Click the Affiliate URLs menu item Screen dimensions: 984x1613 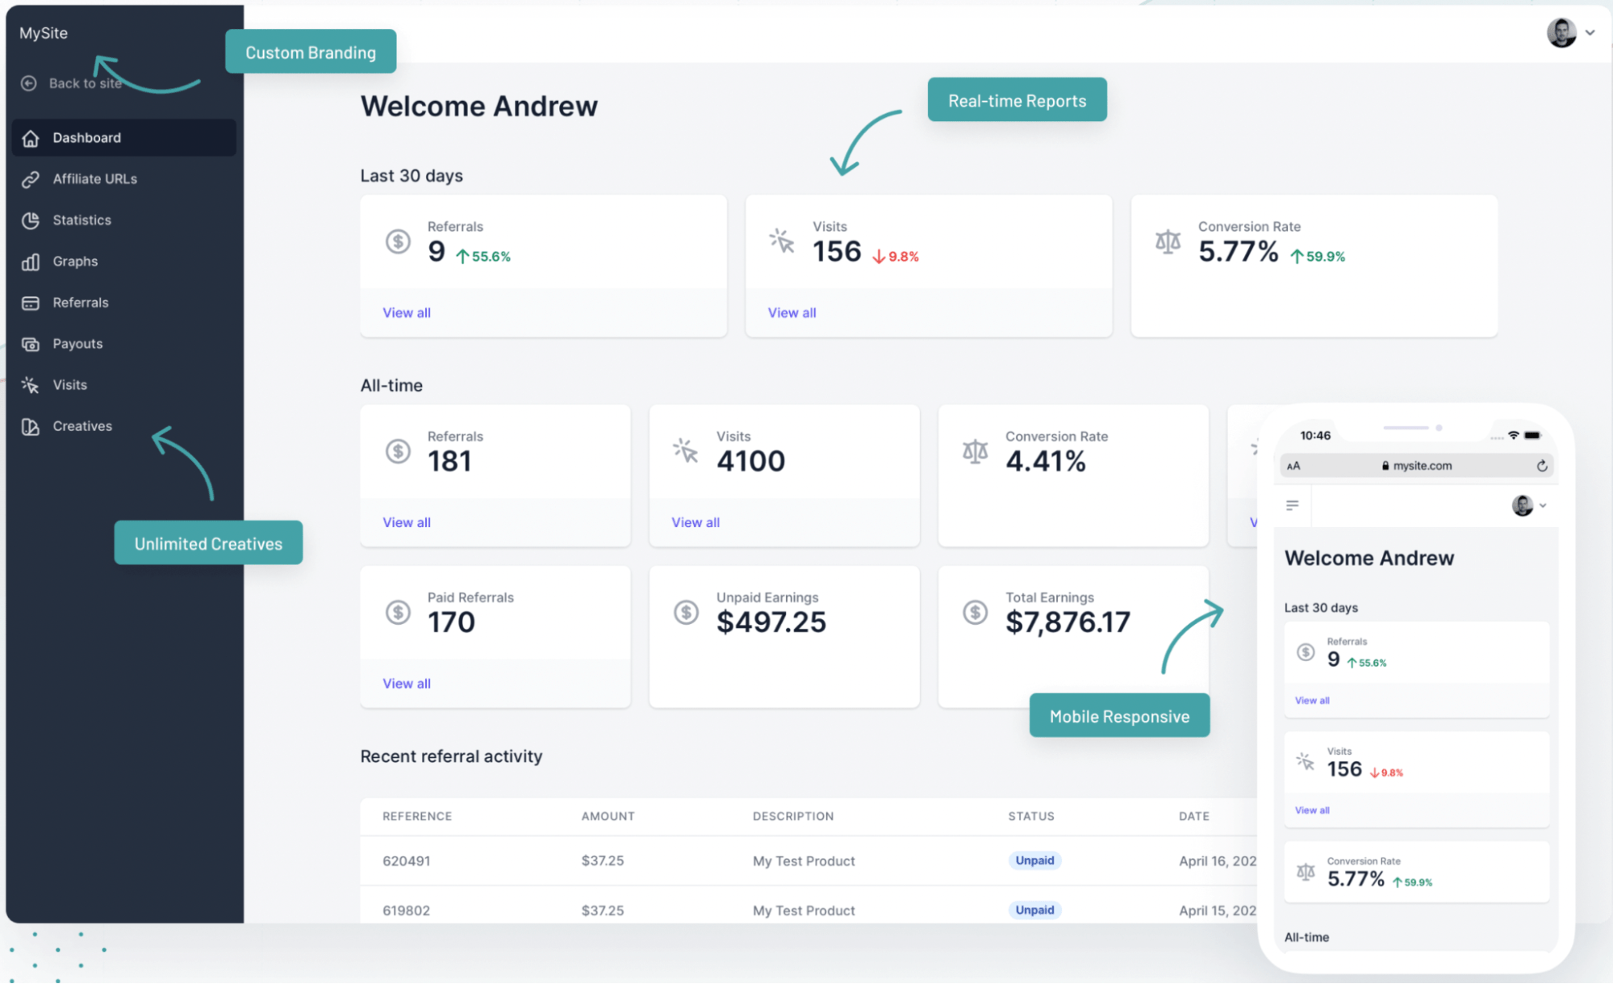coord(94,179)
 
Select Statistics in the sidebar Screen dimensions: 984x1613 coord(81,220)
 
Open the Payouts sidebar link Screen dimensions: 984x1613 coord(77,344)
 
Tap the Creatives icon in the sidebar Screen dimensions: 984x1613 coord(31,427)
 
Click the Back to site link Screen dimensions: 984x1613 coord(84,83)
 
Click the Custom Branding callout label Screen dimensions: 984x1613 coord(311,52)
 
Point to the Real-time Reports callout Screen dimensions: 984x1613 coord(1017,101)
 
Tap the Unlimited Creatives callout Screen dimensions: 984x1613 coord(208,544)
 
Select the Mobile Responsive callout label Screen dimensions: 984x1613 coord(1119,717)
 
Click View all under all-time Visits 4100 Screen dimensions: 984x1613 coord(696,523)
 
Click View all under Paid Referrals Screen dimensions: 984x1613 coord(407,684)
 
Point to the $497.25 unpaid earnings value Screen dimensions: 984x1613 coord(771,622)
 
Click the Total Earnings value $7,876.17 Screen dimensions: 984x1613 coord(1068,622)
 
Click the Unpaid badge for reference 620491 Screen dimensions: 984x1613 coord(1034,860)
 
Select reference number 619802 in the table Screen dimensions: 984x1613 coord(406,911)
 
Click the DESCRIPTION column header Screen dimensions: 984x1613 coord(793,816)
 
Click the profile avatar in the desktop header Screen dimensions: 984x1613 coord(1561,33)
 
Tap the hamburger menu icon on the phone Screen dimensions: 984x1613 coord(1293,505)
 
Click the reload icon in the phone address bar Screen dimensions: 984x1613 coord(1542,466)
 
